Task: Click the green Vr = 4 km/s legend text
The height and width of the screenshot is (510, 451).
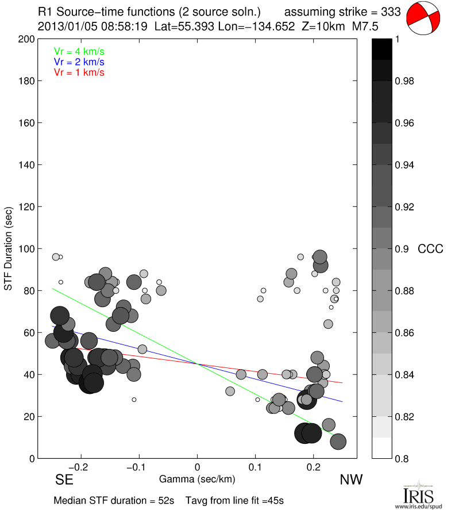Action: [79, 51]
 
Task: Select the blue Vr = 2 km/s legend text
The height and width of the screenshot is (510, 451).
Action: [79, 62]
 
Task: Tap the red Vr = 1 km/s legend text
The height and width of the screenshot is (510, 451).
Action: [79, 72]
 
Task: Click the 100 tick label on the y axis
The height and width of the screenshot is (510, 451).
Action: [25, 249]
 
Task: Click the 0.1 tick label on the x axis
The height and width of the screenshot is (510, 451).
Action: [256, 467]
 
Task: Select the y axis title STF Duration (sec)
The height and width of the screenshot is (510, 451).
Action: [9, 248]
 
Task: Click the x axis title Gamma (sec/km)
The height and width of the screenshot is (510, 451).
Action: [197, 479]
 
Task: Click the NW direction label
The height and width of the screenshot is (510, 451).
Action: [351, 480]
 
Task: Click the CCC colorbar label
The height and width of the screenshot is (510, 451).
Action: [430, 249]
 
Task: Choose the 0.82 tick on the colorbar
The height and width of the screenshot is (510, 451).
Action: [405, 416]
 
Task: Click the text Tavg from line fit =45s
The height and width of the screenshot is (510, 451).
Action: [234, 500]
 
